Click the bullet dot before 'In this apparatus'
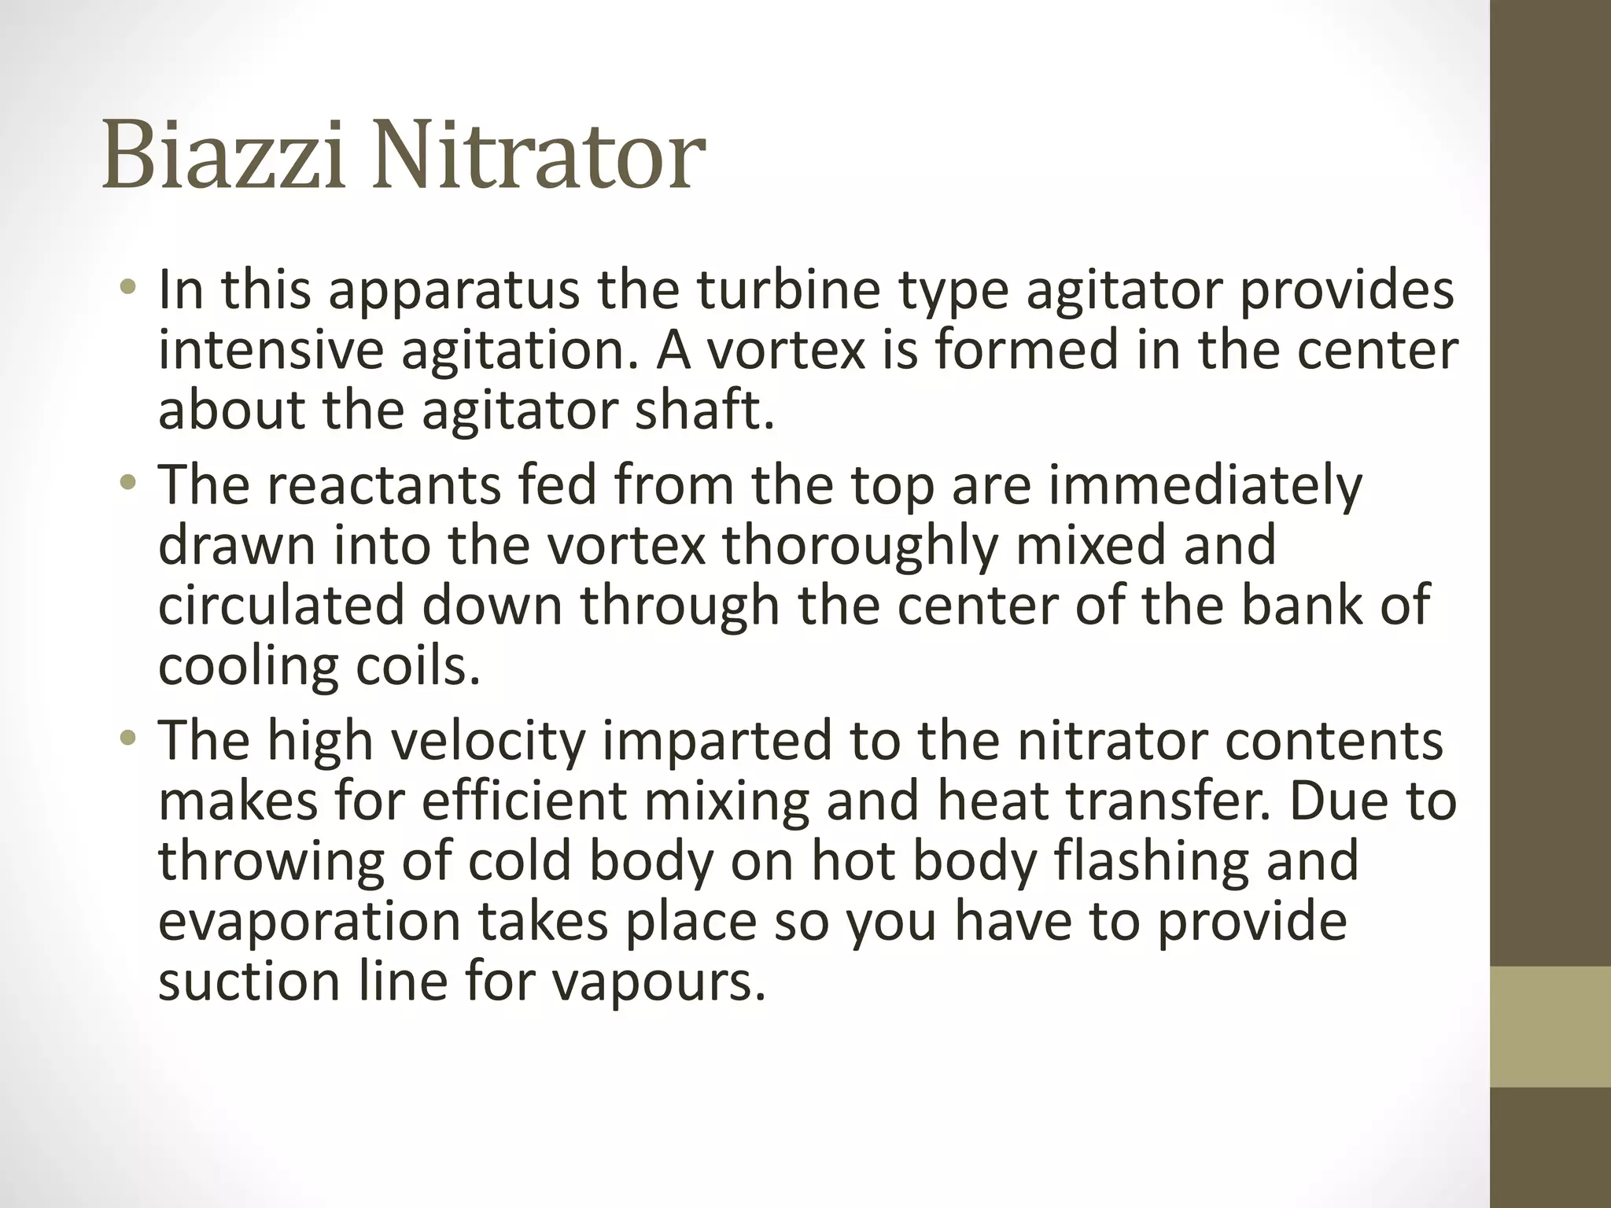click(128, 291)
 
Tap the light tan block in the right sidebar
click(1550, 1026)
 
